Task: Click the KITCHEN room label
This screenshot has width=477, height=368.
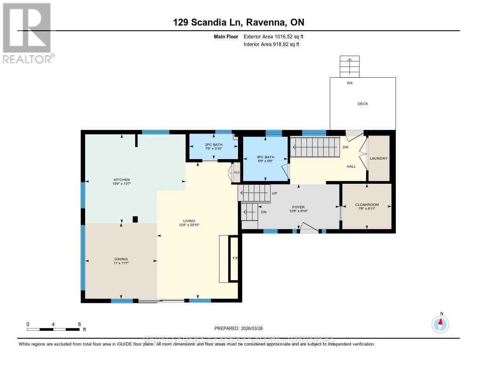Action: click(x=122, y=180)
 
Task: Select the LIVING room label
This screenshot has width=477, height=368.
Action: click(x=189, y=221)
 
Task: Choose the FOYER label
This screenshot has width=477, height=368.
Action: click(x=298, y=207)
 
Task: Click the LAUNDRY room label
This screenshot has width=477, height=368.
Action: click(x=378, y=158)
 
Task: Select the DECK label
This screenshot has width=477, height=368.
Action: click(x=362, y=104)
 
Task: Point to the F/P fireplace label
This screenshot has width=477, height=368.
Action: click(x=235, y=258)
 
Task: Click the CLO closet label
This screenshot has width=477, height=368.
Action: click(x=237, y=173)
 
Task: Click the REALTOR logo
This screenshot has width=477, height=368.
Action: click(x=27, y=33)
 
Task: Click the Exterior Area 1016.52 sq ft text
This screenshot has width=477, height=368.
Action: click(x=273, y=36)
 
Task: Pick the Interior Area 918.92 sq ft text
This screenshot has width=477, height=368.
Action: click(x=272, y=45)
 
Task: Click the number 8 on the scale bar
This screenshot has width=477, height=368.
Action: click(x=79, y=324)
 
